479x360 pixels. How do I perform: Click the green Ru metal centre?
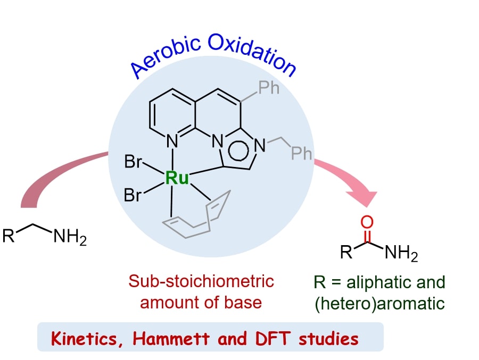coord(177,178)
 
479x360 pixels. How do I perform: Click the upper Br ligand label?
coord(133,161)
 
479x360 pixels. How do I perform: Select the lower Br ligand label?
coord(133,195)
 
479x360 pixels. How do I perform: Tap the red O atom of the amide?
coord(367,222)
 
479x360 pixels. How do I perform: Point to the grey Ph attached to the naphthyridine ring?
coord(269,88)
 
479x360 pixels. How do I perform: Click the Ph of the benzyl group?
coord(301,153)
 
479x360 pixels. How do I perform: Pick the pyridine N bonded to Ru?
coord(172,141)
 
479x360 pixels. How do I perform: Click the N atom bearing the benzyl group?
coord(260,145)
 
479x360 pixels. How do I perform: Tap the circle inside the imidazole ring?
coord(238,150)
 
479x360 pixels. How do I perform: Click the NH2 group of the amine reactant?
coord(70,237)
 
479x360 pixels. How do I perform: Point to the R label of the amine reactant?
coord(9,236)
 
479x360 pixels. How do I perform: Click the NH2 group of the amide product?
coord(401,253)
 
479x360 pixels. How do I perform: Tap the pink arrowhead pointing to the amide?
coord(366,198)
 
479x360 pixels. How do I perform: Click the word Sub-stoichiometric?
coord(201,281)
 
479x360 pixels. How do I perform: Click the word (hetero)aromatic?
coord(379,304)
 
